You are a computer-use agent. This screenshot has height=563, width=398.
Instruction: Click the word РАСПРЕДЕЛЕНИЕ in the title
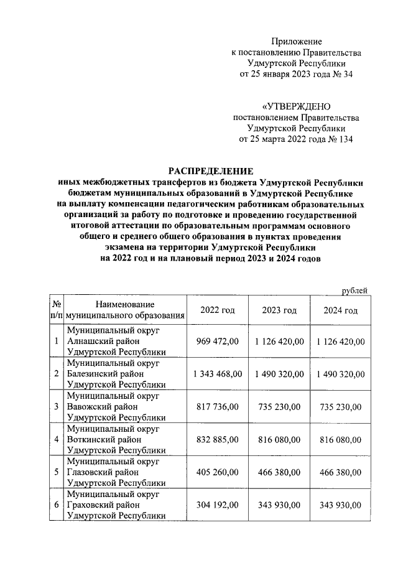211,170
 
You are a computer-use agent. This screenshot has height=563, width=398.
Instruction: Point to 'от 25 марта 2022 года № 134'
296,140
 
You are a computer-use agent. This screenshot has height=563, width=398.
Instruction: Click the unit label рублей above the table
355,290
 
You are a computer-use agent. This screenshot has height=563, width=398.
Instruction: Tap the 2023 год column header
279,310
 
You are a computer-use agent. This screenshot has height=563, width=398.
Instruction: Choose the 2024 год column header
340,310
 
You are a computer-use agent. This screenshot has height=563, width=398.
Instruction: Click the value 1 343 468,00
217,374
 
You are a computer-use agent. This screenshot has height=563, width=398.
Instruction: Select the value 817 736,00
217,407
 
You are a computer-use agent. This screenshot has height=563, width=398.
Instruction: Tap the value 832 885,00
217,440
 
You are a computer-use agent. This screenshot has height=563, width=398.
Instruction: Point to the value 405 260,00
217,473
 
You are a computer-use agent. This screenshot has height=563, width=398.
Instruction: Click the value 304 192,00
217,506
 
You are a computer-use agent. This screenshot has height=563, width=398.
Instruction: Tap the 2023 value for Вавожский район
279,407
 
